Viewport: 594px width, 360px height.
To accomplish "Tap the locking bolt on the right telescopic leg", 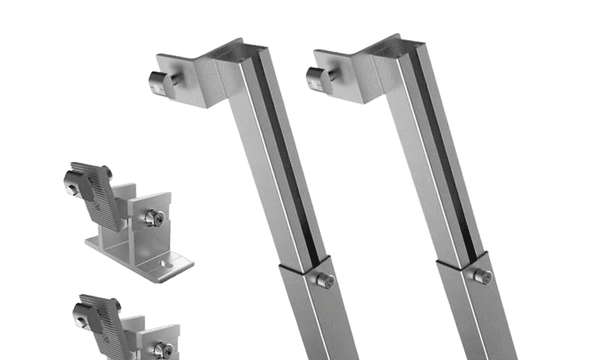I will (x=482, y=275).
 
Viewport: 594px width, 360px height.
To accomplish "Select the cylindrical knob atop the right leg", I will (x=314, y=74).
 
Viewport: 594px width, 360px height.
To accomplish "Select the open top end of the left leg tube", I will (x=240, y=50).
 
